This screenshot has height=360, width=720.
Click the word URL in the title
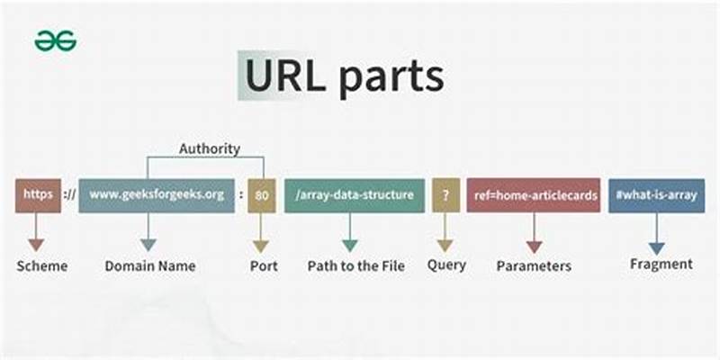tap(283, 76)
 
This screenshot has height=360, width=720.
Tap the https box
tap(38, 195)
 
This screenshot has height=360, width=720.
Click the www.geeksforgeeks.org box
tap(157, 195)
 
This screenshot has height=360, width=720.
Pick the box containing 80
tap(262, 195)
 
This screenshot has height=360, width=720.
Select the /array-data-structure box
tap(354, 195)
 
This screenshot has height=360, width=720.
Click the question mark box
tap(445, 195)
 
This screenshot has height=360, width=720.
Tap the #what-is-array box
tap(656, 195)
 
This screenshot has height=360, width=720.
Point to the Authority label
tap(209, 148)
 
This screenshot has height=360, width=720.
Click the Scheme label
tap(40, 266)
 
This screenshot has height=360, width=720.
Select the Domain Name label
tap(149, 266)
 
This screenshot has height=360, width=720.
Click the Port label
tap(263, 266)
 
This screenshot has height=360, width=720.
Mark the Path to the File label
tap(355, 266)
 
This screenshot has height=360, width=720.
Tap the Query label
tap(446, 265)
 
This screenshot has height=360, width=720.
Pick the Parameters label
tap(534, 266)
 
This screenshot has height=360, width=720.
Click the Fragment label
tap(661, 264)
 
